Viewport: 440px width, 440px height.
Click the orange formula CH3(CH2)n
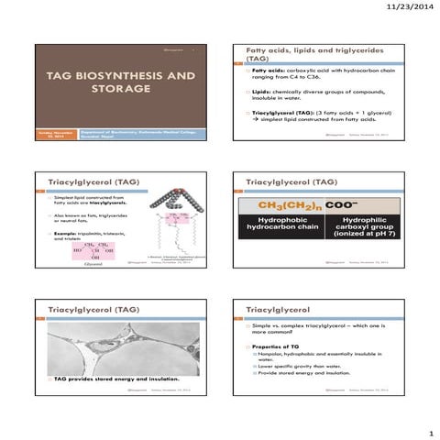click(291, 204)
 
